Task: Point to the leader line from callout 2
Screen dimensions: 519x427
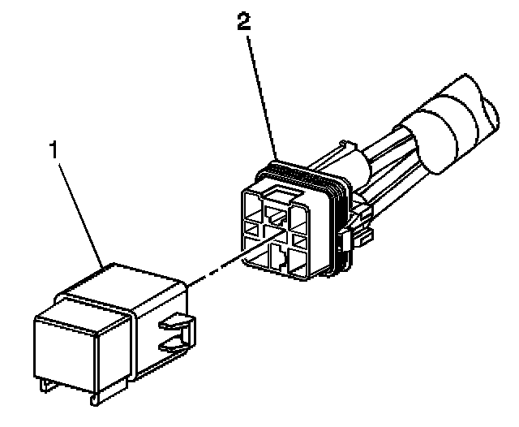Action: (261, 89)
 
